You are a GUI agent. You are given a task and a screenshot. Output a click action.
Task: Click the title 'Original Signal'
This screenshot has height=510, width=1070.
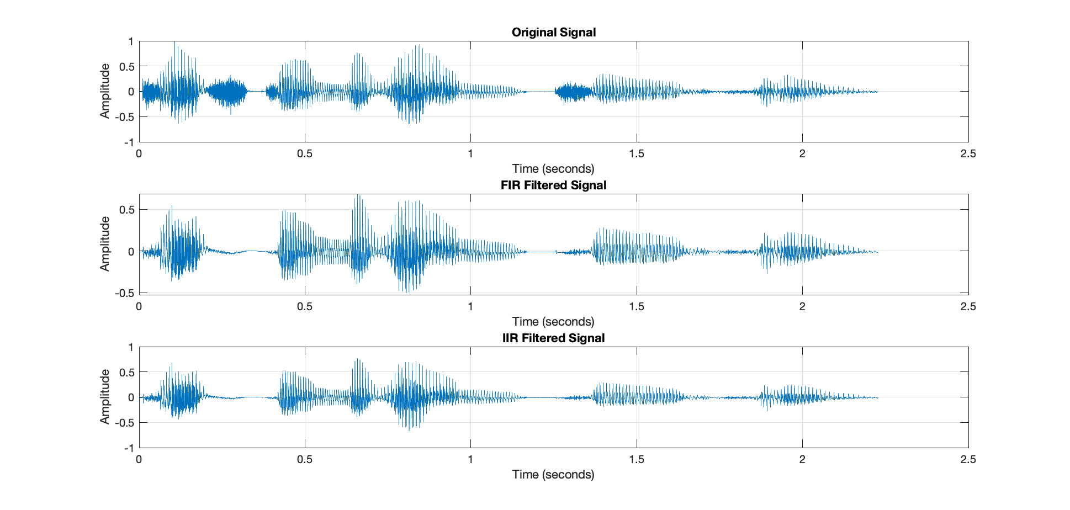pos(553,33)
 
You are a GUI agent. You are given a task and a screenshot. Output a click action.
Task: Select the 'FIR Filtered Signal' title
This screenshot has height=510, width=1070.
pos(553,185)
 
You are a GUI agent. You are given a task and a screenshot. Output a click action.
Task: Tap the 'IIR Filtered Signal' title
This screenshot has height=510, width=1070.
pos(553,338)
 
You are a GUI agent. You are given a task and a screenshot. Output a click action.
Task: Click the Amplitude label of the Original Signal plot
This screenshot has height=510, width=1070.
pos(105,91)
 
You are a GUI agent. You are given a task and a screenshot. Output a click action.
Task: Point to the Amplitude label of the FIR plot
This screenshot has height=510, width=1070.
pos(105,244)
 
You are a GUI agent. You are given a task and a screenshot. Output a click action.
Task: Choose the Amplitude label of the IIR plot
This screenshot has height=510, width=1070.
pos(105,397)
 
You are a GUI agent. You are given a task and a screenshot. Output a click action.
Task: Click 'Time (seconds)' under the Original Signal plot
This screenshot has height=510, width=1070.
pos(553,169)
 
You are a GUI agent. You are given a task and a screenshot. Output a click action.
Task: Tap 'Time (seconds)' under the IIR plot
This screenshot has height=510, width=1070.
pos(553,475)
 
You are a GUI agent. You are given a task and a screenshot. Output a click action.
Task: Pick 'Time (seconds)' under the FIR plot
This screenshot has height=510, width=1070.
pos(553,322)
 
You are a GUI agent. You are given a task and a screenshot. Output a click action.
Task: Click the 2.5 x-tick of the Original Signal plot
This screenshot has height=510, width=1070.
pos(968,154)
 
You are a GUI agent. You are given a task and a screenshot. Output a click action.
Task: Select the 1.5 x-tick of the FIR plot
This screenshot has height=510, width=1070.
pos(637,307)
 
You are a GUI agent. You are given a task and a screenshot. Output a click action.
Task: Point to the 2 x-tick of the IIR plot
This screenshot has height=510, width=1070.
pos(802,460)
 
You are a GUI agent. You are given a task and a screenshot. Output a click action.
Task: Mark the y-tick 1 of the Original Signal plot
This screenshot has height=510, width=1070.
pos(131,42)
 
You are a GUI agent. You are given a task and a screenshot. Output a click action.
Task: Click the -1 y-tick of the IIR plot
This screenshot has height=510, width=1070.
pos(129,448)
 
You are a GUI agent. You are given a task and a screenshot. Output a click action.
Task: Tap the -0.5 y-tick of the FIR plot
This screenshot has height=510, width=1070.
pos(124,293)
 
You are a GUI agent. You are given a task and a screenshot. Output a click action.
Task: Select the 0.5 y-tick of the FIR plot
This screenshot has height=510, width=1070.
pos(126,210)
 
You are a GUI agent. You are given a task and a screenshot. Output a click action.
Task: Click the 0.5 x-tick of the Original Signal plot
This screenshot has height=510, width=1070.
pos(305,154)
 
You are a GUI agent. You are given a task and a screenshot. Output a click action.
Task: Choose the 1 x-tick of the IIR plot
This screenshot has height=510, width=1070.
pos(470,460)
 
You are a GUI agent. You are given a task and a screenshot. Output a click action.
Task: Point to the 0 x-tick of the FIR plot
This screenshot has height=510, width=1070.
pos(139,307)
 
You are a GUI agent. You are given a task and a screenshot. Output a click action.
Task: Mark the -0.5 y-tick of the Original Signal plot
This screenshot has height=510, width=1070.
pos(124,117)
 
